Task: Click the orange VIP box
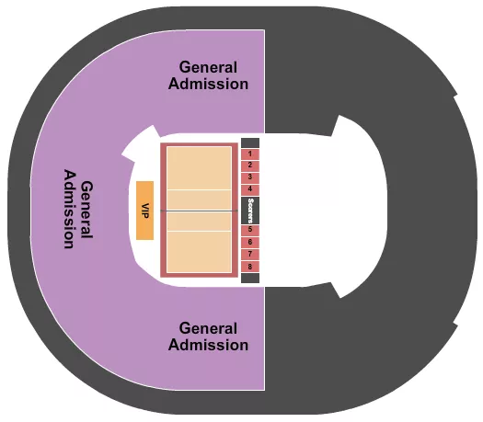click(x=144, y=211)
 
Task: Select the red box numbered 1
click(x=250, y=153)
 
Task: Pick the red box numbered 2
click(x=250, y=165)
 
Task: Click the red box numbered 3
click(x=250, y=177)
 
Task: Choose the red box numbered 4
click(x=250, y=188)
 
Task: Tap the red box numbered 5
click(x=250, y=230)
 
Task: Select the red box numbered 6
click(x=250, y=242)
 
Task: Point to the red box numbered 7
click(x=250, y=254)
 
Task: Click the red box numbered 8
click(x=250, y=266)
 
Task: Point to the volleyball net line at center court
click(x=199, y=211)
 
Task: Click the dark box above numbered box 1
click(x=250, y=143)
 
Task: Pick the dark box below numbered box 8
click(x=250, y=277)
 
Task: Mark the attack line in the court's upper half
click(x=199, y=190)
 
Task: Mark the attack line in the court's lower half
click(x=199, y=232)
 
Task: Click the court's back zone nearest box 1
click(x=199, y=168)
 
